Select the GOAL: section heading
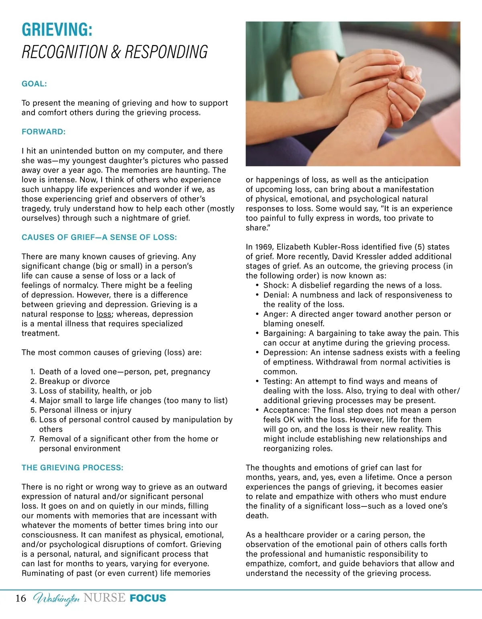(34, 84)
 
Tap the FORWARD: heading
(43, 132)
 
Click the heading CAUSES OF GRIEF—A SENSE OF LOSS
(99, 238)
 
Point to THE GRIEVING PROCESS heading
(72, 468)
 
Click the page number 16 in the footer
(21, 599)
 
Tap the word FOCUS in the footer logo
(148, 599)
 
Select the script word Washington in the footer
(56, 599)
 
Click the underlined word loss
(104, 314)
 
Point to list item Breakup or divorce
(74, 381)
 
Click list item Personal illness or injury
(85, 410)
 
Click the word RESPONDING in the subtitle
(166, 52)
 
